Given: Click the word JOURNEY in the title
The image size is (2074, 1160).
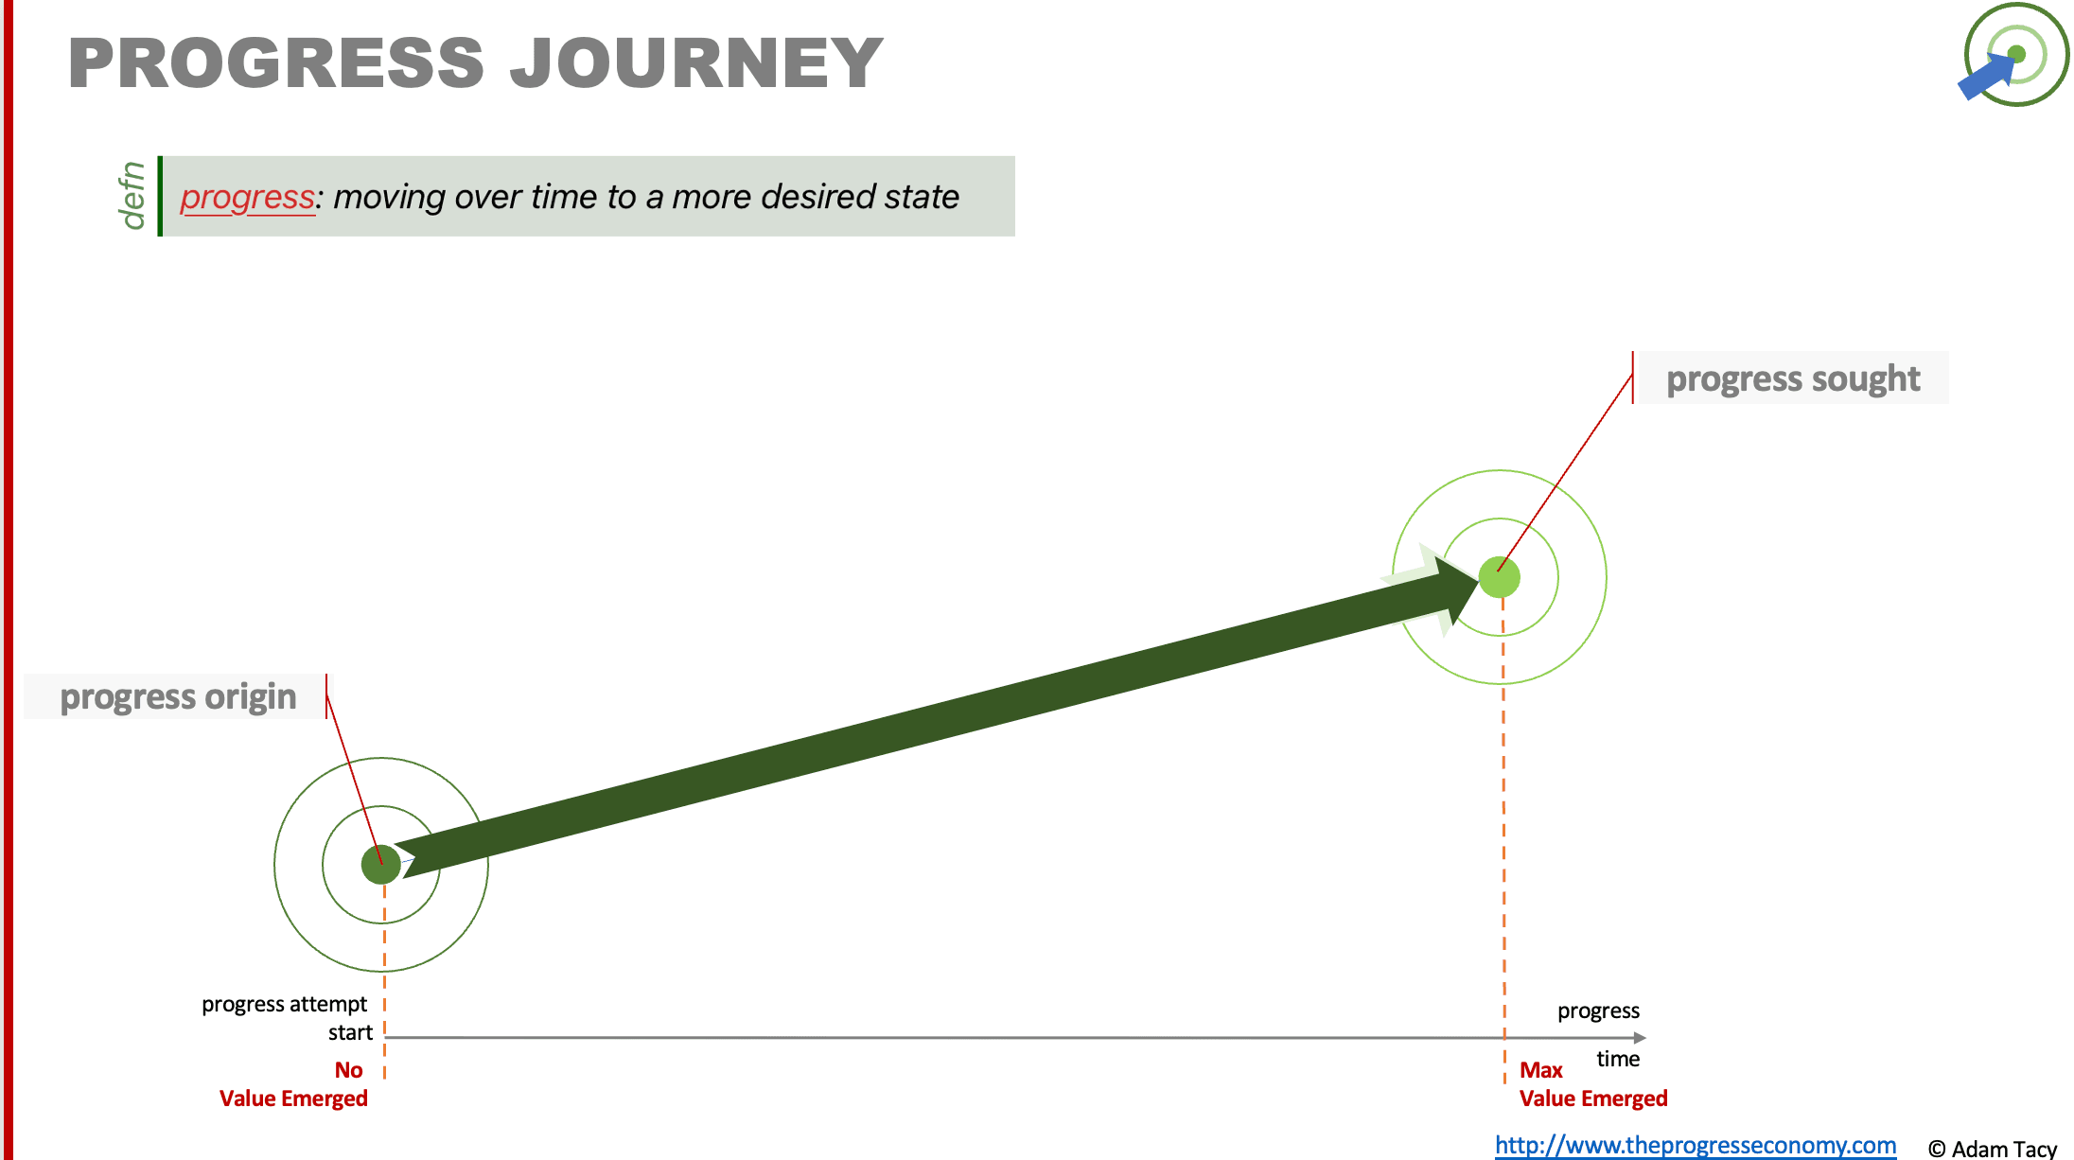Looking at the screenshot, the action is [x=696, y=63].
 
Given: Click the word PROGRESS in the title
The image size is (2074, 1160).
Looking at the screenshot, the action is [x=276, y=63].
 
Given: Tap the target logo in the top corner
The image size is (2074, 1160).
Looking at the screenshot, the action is [x=2013, y=55].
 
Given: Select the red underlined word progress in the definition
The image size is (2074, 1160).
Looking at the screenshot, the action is [x=247, y=198].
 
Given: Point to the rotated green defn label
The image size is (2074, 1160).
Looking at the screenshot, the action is [x=132, y=195].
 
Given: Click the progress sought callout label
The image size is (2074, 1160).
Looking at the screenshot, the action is [x=1793, y=378].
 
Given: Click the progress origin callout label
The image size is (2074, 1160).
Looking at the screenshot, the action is [x=178, y=696].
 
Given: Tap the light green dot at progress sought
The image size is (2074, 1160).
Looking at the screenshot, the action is [x=1500, y=577].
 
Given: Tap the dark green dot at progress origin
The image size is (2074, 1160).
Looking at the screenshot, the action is [x=381, y=864].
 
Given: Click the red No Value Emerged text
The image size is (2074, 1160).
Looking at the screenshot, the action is [x=293, y=1084].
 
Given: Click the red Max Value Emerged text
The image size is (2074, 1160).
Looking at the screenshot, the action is [x=1593, y=1084].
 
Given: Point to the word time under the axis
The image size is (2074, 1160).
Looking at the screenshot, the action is [x=1618, y=1059].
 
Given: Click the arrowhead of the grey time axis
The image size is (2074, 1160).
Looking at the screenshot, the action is [x=1640, y=1038].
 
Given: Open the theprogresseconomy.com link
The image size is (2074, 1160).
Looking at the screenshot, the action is [x=1696, y=1145].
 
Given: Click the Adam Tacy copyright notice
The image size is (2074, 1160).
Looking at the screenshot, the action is [x=1993, y=1148].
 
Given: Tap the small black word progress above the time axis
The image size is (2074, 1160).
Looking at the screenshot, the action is [x=1598, y=1011].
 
